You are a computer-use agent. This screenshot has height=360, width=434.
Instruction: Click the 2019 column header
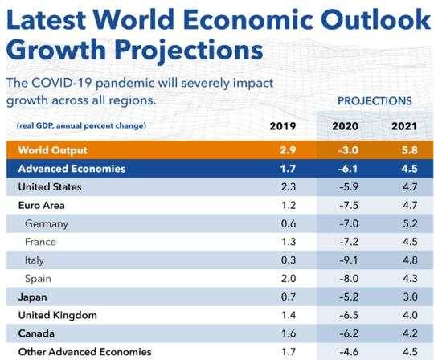(283, 126)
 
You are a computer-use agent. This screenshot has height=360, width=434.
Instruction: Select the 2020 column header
(345, 126)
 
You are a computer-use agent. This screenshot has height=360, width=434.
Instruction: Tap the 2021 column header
(404, 126)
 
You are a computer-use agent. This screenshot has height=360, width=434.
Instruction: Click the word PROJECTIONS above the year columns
(375, 101)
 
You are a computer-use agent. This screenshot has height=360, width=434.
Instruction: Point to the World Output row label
(53, 150)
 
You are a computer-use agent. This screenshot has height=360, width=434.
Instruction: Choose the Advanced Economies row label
(72, 169)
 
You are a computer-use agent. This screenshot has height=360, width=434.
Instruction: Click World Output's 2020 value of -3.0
(348, 150)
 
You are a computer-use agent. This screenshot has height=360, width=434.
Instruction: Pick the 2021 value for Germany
(410, 223)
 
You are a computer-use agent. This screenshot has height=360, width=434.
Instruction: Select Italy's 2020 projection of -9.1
(349, 260)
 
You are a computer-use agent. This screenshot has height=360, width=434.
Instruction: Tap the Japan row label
(32, 297)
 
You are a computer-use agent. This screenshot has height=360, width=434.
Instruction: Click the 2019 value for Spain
(289, 278)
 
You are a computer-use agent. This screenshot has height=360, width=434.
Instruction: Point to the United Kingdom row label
(58, 315)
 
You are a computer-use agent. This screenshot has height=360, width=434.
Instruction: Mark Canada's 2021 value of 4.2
(410, 333)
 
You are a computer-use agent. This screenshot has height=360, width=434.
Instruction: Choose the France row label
(40, 242)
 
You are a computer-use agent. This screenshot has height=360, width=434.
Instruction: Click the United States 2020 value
(349, 187)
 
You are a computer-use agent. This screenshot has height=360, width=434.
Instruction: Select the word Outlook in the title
(375, 19)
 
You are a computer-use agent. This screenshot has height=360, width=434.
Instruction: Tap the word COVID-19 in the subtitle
(61, 83)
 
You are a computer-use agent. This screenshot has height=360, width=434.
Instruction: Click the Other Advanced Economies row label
(84, 352)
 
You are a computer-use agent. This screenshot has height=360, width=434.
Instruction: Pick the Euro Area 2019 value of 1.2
(289, 206)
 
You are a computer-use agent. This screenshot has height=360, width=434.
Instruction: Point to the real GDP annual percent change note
(81, 126)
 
